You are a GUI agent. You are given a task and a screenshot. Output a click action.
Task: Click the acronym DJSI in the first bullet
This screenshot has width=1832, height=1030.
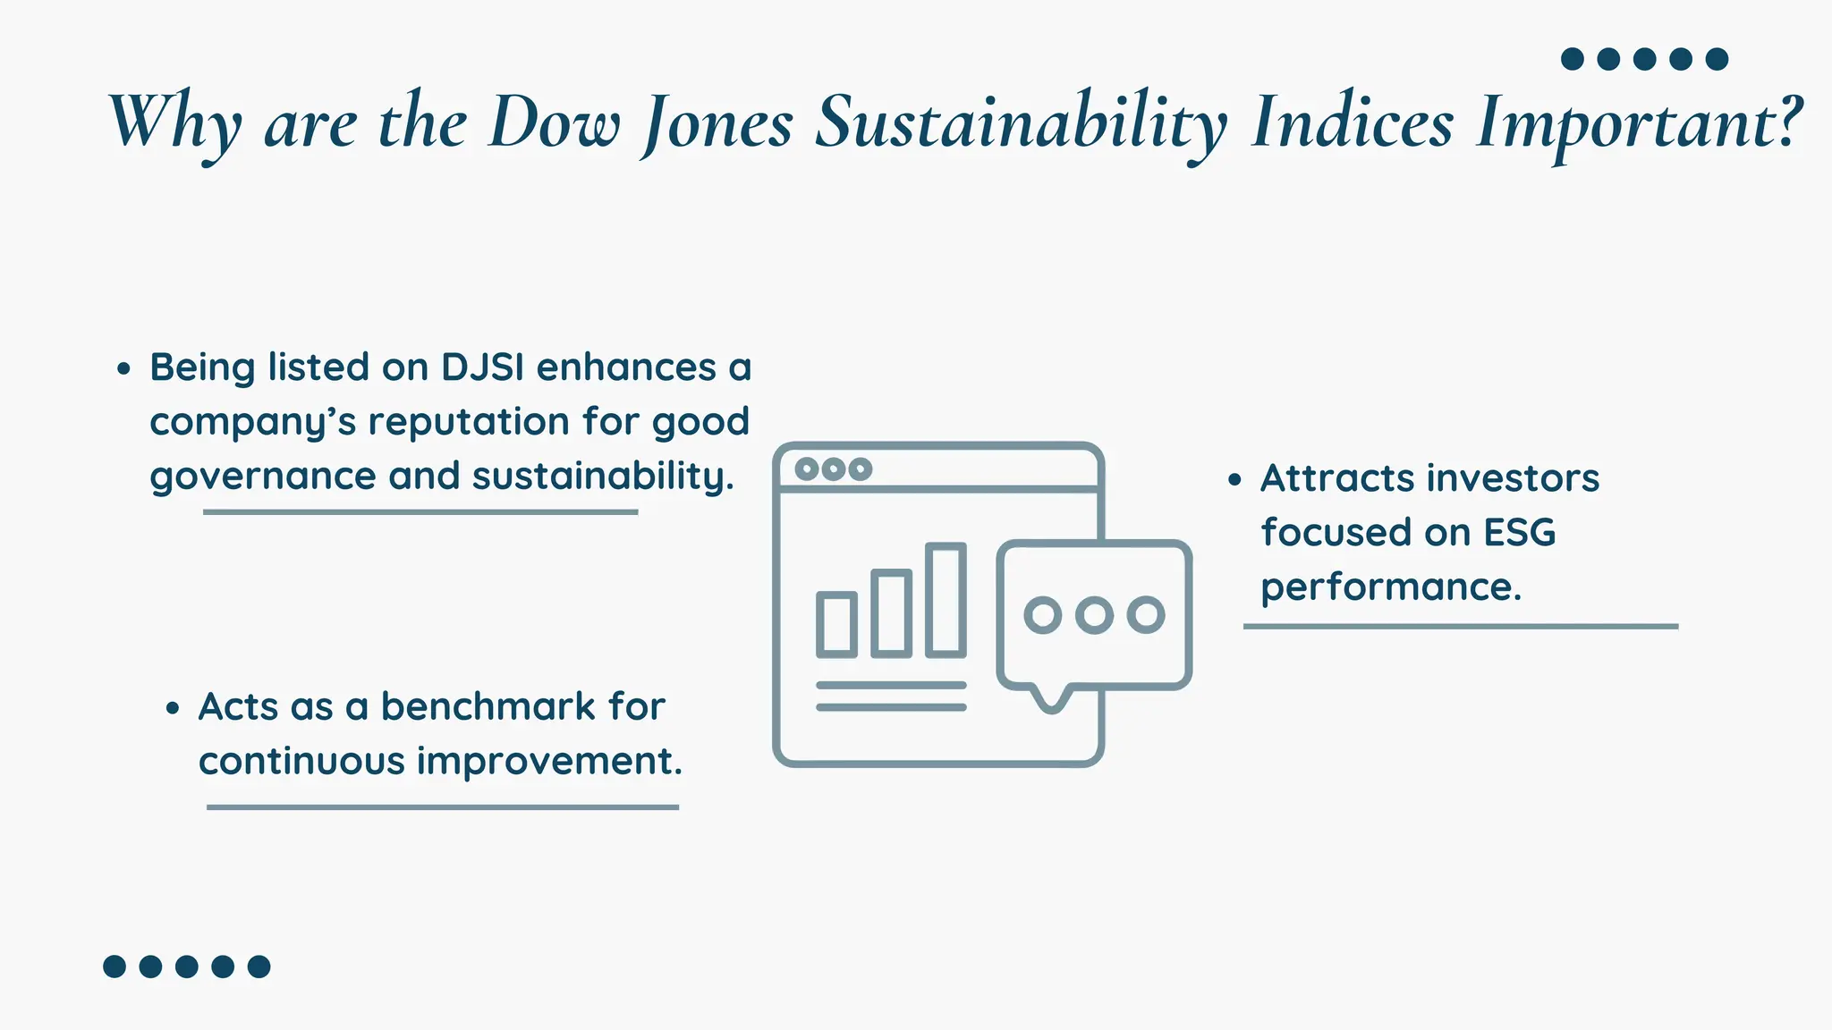482,367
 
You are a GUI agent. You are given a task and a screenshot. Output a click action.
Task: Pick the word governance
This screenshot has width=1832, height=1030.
262,477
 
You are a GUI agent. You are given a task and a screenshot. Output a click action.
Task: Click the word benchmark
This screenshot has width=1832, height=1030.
488,706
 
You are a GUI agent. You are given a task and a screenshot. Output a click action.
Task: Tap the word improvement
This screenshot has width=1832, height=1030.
549,761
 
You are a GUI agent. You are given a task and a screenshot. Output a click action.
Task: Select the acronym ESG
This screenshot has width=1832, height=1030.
1520,533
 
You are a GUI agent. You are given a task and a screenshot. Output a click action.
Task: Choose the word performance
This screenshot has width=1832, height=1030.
1390,587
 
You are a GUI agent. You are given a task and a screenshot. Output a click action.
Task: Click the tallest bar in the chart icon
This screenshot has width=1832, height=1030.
946,600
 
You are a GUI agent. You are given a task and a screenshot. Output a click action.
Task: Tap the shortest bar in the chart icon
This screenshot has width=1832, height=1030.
837,625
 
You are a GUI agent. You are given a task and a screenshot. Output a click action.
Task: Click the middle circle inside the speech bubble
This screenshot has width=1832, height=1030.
1094,615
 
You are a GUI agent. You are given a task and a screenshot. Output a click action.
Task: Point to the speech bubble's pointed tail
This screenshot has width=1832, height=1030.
1052,701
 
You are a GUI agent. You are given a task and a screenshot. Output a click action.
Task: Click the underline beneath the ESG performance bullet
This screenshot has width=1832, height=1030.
1460,627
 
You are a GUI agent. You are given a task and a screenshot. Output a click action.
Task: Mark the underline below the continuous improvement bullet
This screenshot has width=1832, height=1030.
442,807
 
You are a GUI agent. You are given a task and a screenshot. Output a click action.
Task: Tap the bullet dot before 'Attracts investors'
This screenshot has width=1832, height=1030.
1235,480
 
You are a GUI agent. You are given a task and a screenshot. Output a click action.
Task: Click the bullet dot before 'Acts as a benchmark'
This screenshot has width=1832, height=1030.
173,709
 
